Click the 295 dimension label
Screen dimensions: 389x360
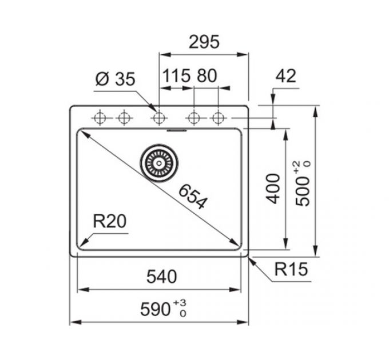(204, 42)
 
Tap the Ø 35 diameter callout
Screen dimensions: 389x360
(116, 79)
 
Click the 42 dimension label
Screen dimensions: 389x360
(286, 75)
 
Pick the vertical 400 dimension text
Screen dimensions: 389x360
(273, 189)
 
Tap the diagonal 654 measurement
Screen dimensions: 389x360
(193, 197)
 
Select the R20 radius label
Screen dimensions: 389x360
(110, 221)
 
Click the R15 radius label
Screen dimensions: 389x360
(291, 269)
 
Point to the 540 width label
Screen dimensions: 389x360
(161, 277)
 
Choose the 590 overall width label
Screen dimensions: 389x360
(156, 309)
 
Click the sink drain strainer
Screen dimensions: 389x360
(159, 163)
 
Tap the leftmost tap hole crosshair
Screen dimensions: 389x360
(100, 118)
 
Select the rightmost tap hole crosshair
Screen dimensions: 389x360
(219, 118)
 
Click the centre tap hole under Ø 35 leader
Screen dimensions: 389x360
(159, 118)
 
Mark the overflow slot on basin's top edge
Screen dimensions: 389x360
(177, 130)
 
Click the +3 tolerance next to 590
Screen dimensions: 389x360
(180, 302)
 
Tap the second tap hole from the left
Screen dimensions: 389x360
(124, 118)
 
